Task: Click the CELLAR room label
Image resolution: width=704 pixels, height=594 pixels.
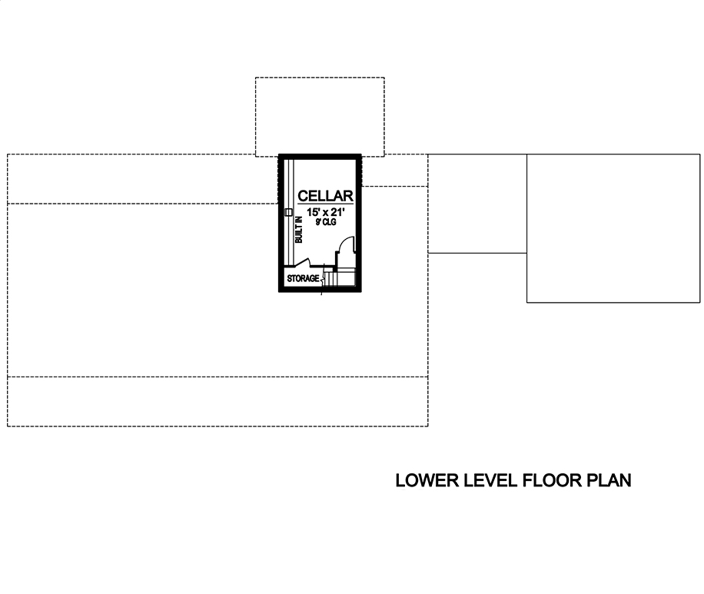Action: [325, 196]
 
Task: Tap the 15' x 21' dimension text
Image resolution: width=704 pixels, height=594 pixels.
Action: [325, 212]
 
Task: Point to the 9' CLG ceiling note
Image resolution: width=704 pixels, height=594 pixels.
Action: [326, 222]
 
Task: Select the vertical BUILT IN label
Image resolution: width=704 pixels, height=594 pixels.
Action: [299, 230]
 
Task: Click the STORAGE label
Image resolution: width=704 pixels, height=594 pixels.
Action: [303, 277]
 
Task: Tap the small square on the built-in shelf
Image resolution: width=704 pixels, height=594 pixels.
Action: [288, 211]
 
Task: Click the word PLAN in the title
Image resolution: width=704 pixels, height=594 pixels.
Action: [609, 481]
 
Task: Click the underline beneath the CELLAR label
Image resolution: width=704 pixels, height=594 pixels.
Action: [325, 204]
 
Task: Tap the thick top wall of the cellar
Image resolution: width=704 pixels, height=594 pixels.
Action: [320, 155]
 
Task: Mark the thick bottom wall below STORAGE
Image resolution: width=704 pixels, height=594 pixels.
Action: [320, 290]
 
